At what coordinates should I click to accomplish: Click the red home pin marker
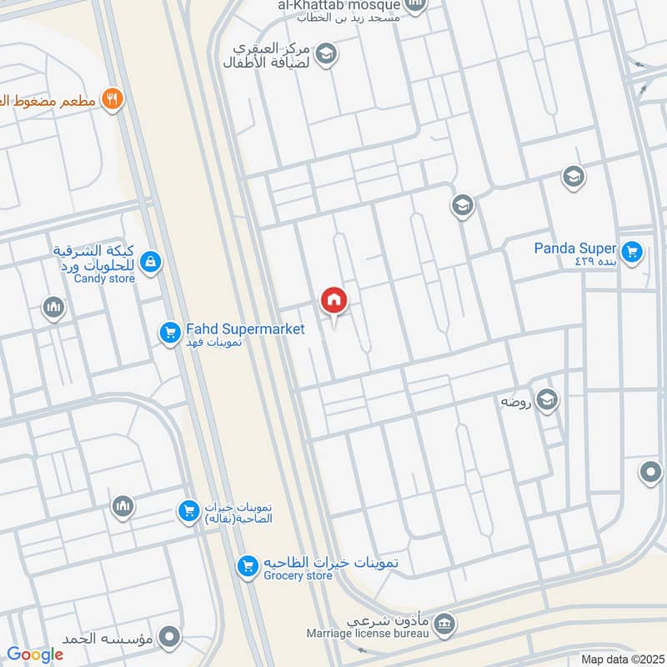click(333, 300)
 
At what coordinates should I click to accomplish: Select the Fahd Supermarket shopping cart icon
click(170, 333)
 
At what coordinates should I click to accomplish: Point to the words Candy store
click(104, 278)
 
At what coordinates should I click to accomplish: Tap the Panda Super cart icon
click(632, 250)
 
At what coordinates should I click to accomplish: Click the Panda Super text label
click(575, 248)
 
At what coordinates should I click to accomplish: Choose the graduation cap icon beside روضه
click(547, 401)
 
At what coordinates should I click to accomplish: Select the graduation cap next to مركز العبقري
click(328, 54)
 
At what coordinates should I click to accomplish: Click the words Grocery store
click(298, 575)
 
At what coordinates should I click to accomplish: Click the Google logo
click(35, 654)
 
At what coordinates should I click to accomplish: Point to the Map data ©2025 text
click(620, 659)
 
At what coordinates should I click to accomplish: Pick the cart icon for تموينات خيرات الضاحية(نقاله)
click(189, 509)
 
